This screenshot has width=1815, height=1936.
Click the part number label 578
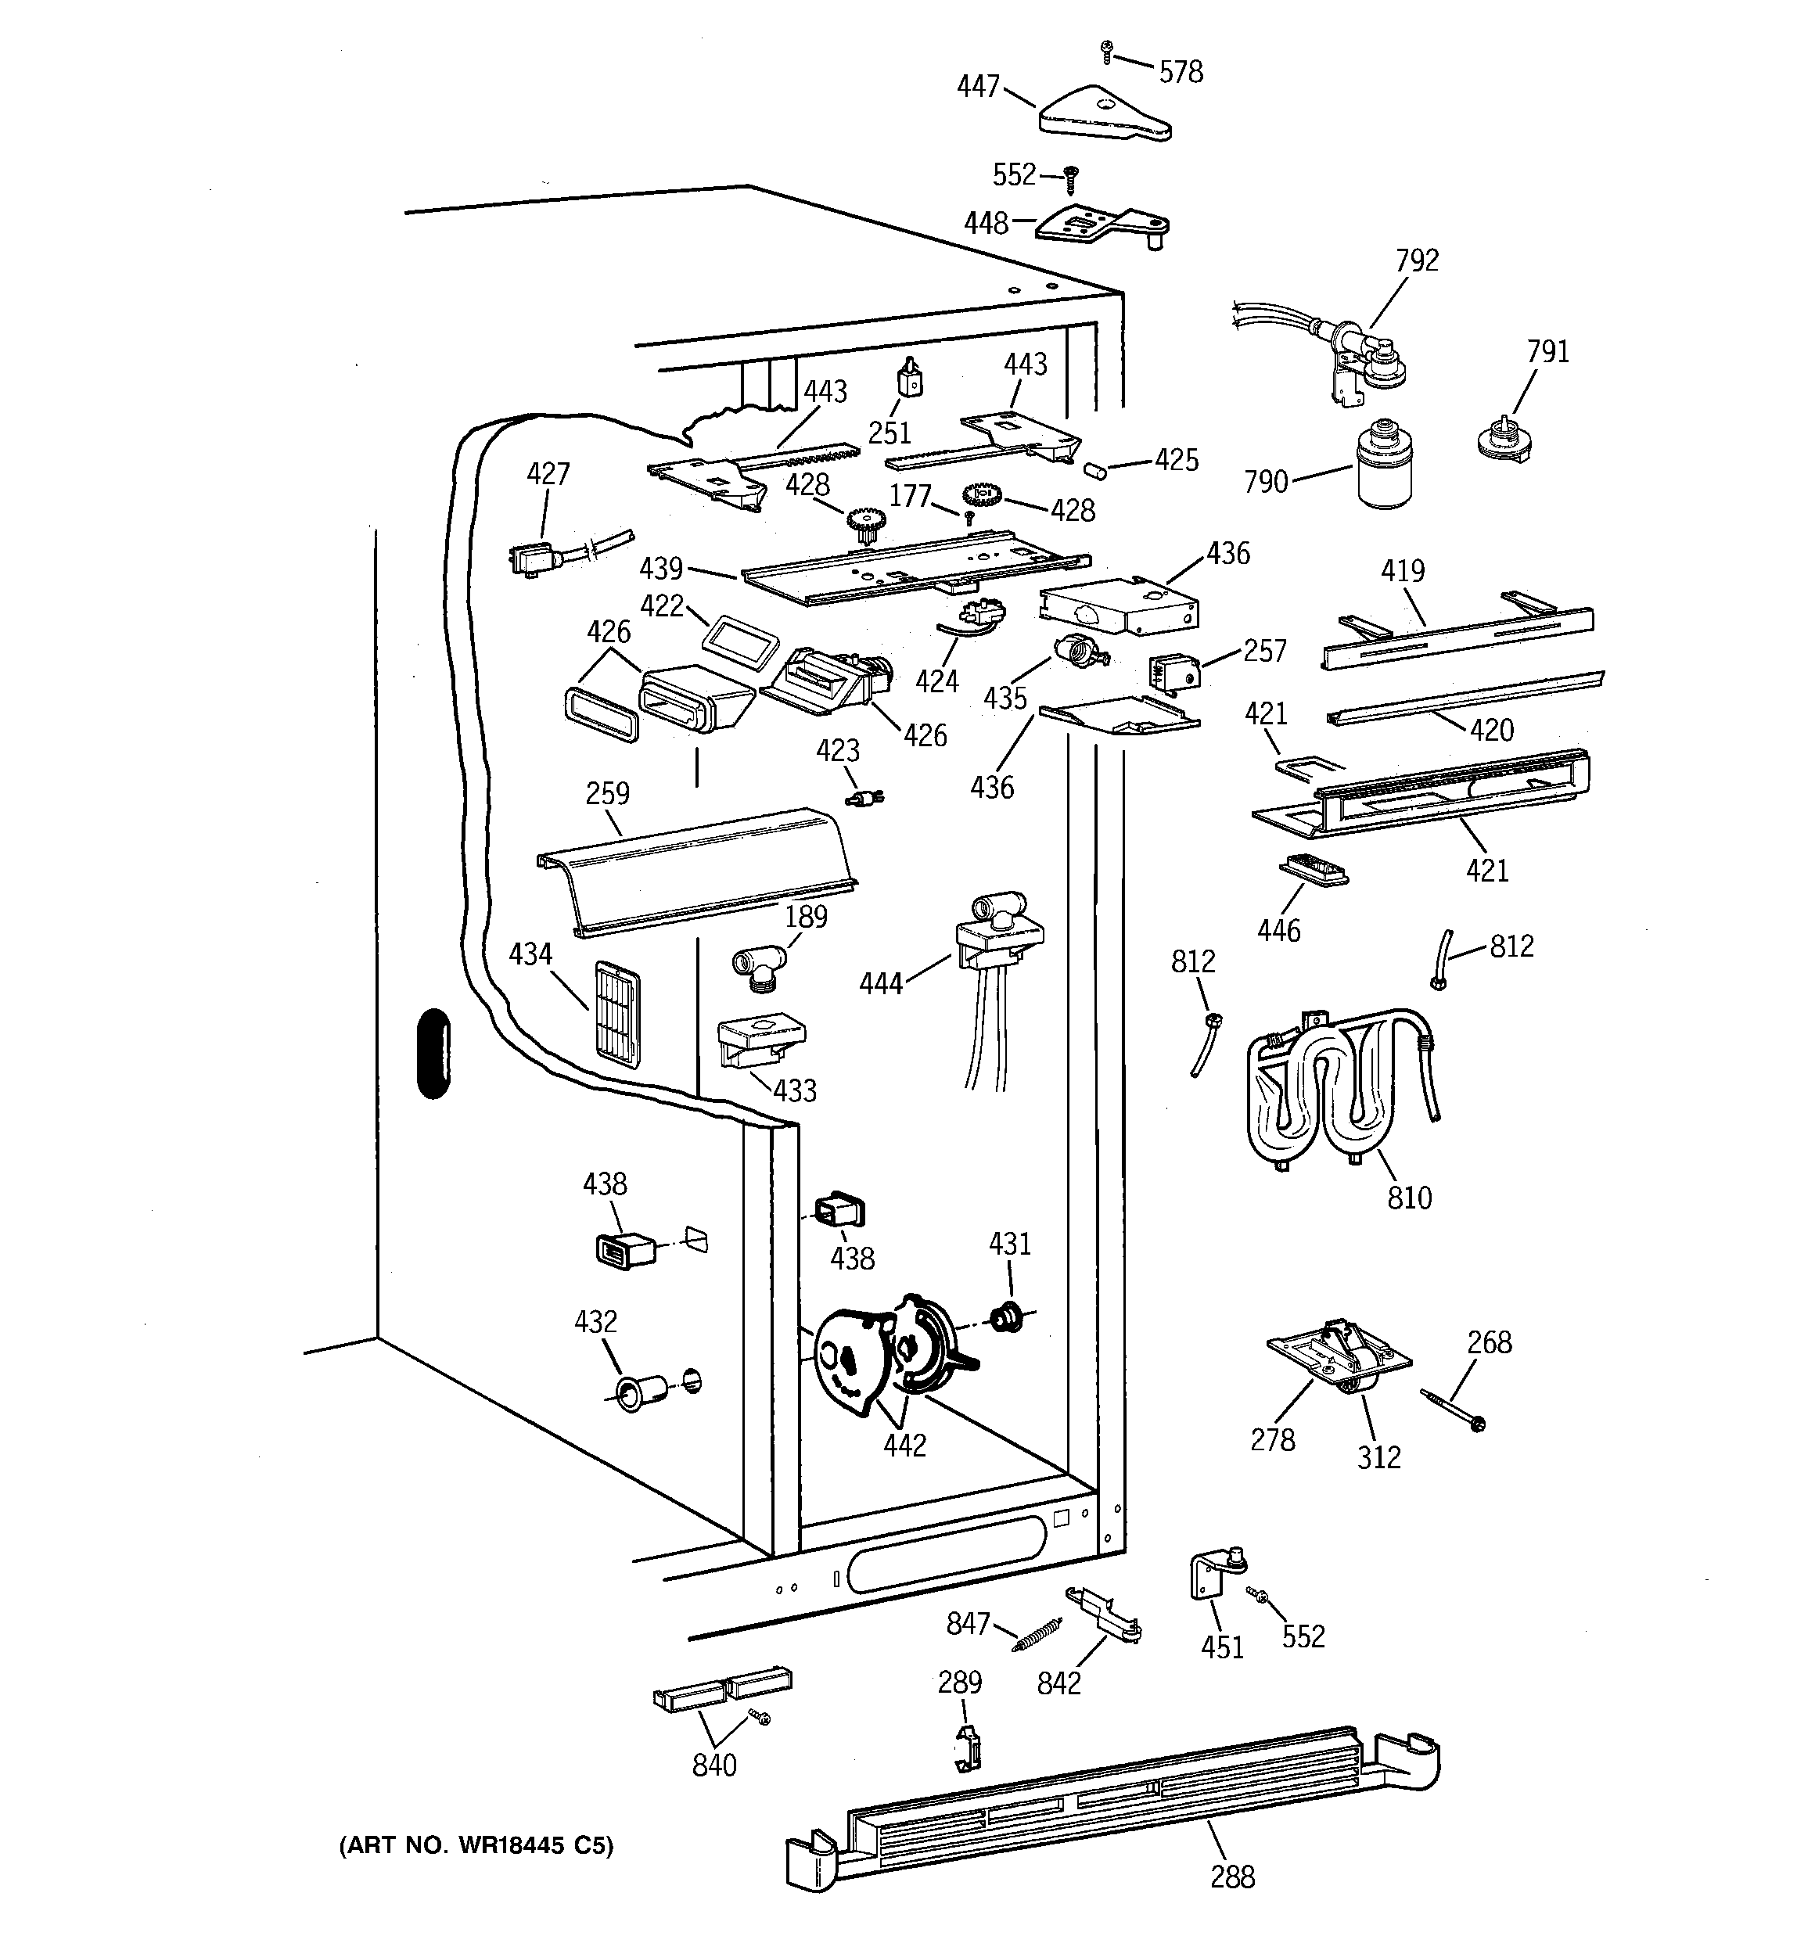pos(1181,72)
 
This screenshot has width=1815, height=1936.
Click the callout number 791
pos(1547,350)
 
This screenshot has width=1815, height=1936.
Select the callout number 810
pos(1409,1197)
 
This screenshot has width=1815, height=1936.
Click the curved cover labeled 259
pos(696,867)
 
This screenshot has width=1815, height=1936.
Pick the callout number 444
pos(881,983)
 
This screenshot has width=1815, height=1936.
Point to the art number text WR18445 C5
pos(476,1844)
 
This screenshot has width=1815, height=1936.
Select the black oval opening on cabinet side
pos(433,1054)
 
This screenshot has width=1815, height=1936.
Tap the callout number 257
pos(1264,651)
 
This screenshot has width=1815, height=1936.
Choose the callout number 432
pos(595,1321)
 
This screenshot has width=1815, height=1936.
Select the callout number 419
pos(1402,571)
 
